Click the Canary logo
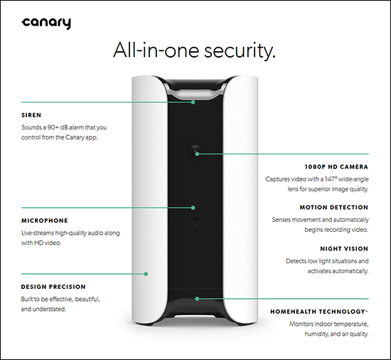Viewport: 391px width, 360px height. coord(46,23)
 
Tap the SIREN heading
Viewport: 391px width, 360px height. coord(31,115)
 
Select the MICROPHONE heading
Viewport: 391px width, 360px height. coord(45,221)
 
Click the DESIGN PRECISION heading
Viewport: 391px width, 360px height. coord(53,287)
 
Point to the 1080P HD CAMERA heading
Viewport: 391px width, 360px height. coord(336,167)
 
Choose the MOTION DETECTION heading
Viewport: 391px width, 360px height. coord(334,207)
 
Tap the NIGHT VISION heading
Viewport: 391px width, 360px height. coord(344,249)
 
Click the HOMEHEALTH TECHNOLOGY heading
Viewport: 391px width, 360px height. coord(319,312)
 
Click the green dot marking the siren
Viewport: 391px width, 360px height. coord(193,102)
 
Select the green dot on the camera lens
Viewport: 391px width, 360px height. coord(197,154)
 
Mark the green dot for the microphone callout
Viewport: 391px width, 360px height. coord(193,208)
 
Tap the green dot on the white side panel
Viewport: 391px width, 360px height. coord(146,274)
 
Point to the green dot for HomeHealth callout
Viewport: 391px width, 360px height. coord(197,299)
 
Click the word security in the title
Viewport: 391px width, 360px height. coord(240,51)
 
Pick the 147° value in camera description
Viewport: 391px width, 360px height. coord(331,179)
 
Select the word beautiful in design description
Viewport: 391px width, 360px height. coord(87,299)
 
